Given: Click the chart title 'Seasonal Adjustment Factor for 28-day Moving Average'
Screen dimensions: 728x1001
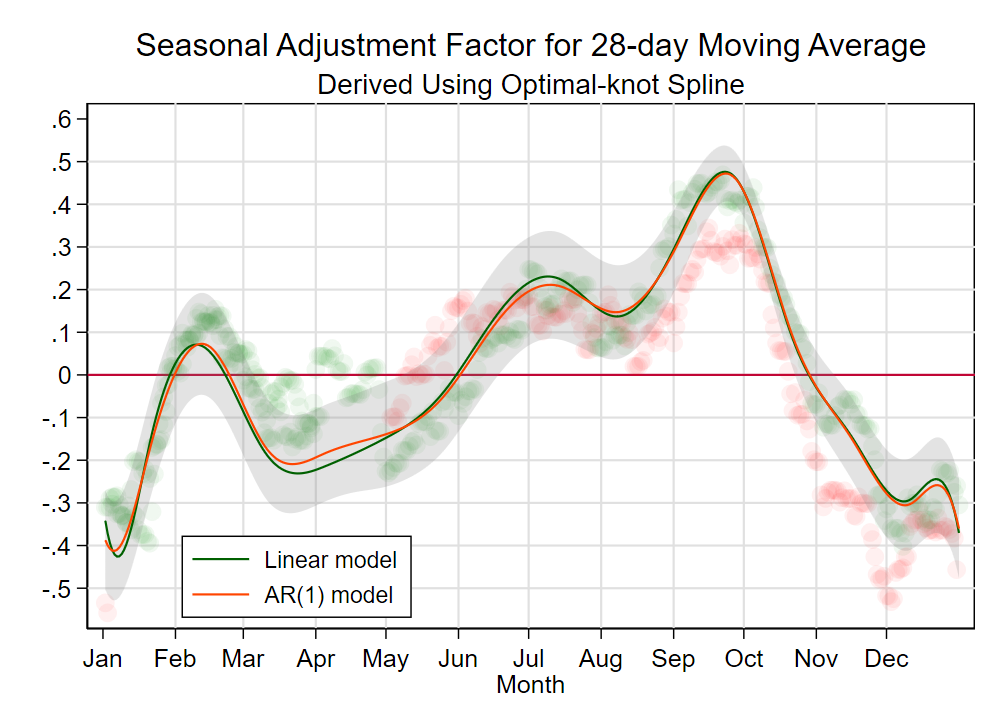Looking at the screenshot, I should point(530,46).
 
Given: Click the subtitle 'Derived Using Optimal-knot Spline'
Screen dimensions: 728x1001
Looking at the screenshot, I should point(530,85).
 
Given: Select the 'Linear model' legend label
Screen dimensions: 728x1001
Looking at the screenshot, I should point(330,560).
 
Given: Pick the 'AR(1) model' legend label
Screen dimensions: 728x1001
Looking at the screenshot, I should point(329,595).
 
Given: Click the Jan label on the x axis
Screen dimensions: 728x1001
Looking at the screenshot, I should point(102,659).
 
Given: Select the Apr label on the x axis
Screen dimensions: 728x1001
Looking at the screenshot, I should point(316,659).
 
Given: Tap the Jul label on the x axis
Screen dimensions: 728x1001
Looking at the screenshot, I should point(529,659).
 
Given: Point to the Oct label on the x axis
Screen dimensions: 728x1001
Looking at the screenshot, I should point(744,659).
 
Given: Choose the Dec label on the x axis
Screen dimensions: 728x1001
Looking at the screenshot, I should point(886,659).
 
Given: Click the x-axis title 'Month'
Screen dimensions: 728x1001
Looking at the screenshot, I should point(530,685).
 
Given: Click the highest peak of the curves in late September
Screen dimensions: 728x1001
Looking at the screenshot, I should point(725,172).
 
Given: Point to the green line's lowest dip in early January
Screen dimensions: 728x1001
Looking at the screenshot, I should point(118,556).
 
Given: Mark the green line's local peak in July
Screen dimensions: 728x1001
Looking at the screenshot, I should point(548,276).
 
